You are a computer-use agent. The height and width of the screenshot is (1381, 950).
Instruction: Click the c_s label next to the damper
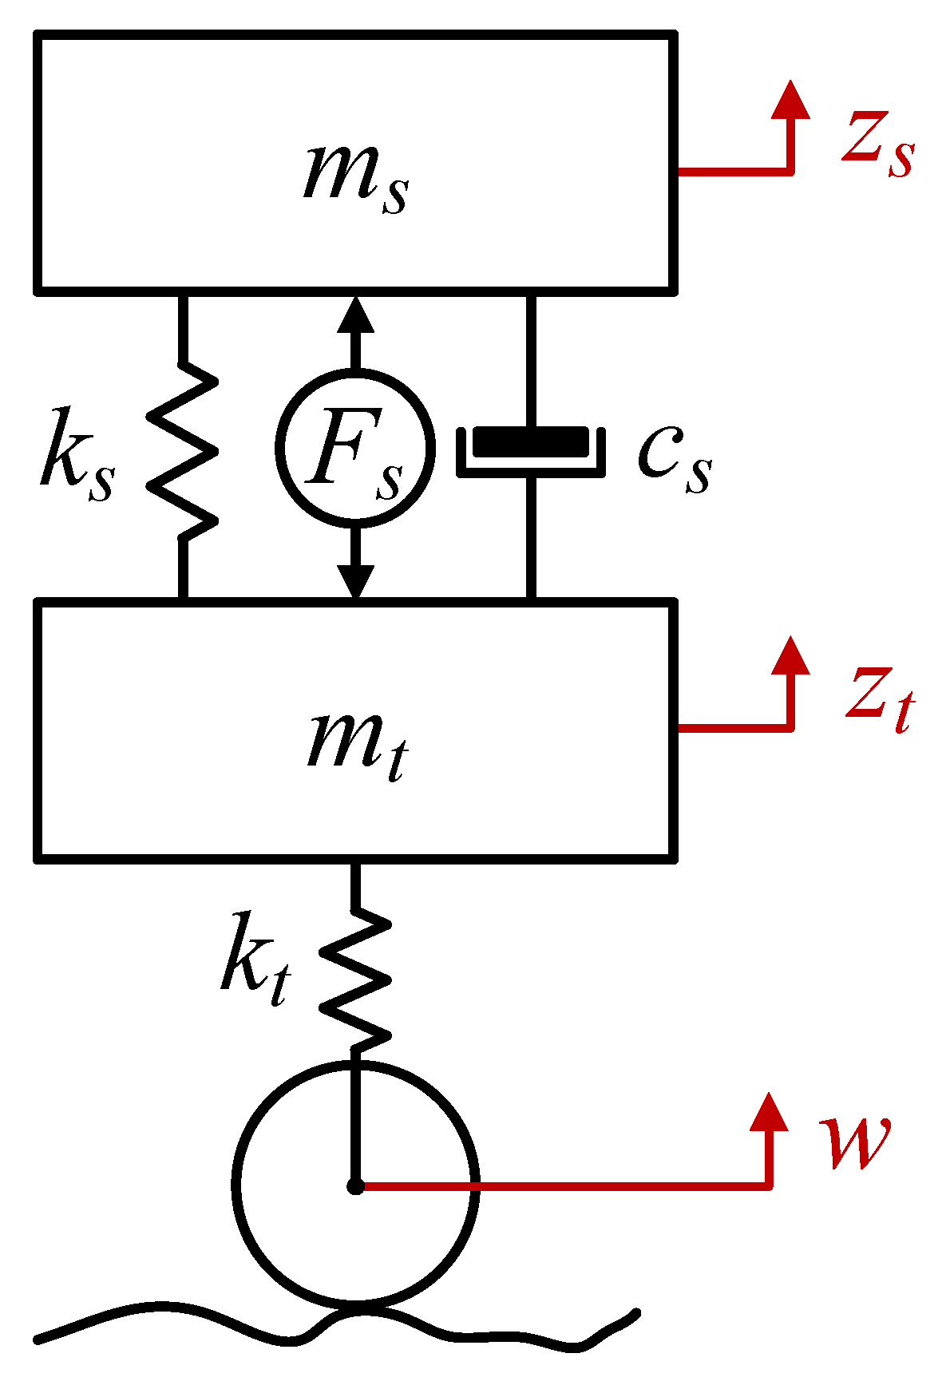[x=675, y=459]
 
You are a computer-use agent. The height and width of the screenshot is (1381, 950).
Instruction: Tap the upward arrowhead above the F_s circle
[x=356, y=315]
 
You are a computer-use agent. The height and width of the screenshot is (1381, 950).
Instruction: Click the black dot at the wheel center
[x=356, y=1187]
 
